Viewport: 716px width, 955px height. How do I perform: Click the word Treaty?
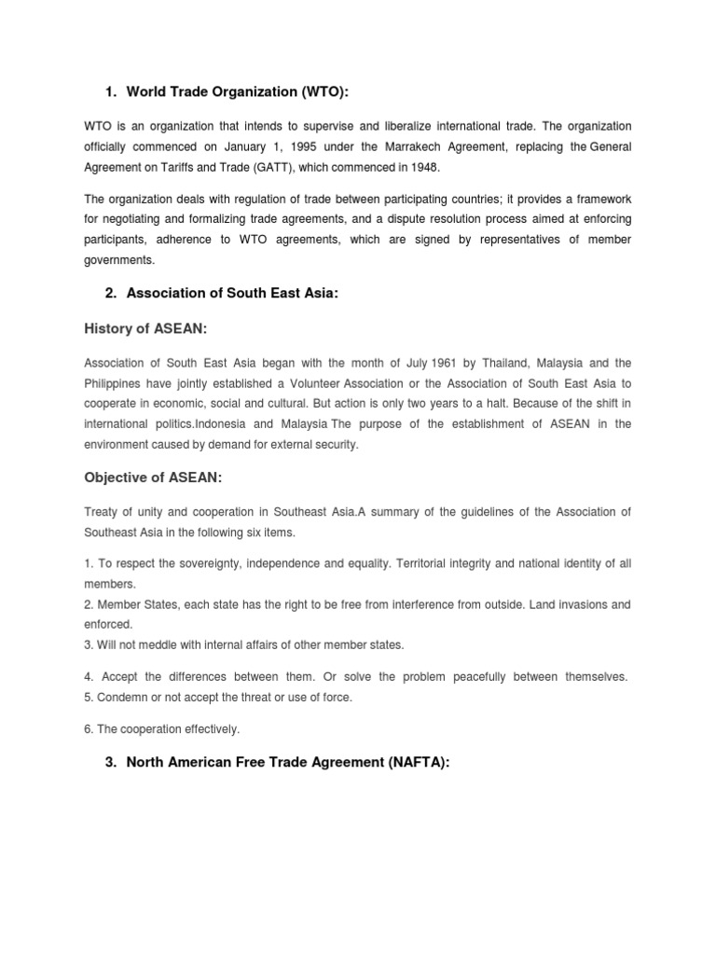click(102, 512)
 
